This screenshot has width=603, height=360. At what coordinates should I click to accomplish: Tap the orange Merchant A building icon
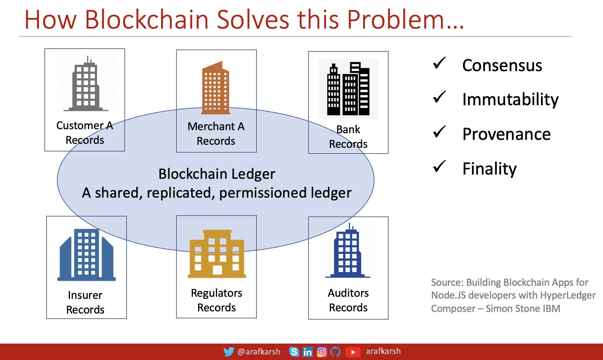(216, 88)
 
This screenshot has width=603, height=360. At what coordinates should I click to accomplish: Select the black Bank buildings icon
(348, 89)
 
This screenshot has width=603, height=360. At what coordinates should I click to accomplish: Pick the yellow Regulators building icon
(217, 254)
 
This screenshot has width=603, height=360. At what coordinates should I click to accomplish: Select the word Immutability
(511, 99)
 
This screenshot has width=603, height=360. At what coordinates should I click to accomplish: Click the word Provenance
(507, 134)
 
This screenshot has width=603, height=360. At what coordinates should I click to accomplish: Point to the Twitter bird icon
(229, 352)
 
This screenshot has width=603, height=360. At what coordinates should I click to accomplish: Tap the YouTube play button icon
(353, 352)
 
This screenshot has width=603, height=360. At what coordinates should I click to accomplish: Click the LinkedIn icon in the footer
(308, 352)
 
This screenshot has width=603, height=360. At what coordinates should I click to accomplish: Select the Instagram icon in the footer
(322, 352)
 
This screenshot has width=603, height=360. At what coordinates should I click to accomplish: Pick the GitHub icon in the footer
(335, 352)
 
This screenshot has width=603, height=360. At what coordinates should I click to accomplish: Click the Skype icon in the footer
(294, 352)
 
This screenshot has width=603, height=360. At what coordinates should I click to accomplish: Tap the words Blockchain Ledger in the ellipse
(217, 174)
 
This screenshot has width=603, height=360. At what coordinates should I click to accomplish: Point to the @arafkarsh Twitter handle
(259, 352)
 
